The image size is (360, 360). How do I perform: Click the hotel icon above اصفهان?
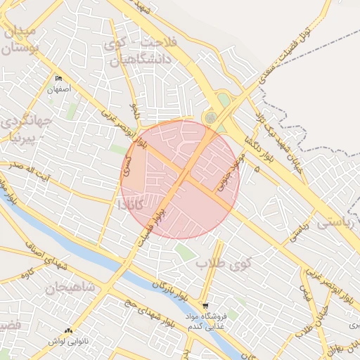pos(58,79)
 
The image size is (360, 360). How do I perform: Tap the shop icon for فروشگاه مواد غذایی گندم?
pos(205,306)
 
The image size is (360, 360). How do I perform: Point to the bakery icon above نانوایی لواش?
pos(67,330)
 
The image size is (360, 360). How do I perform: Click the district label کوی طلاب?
pos(219,264)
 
